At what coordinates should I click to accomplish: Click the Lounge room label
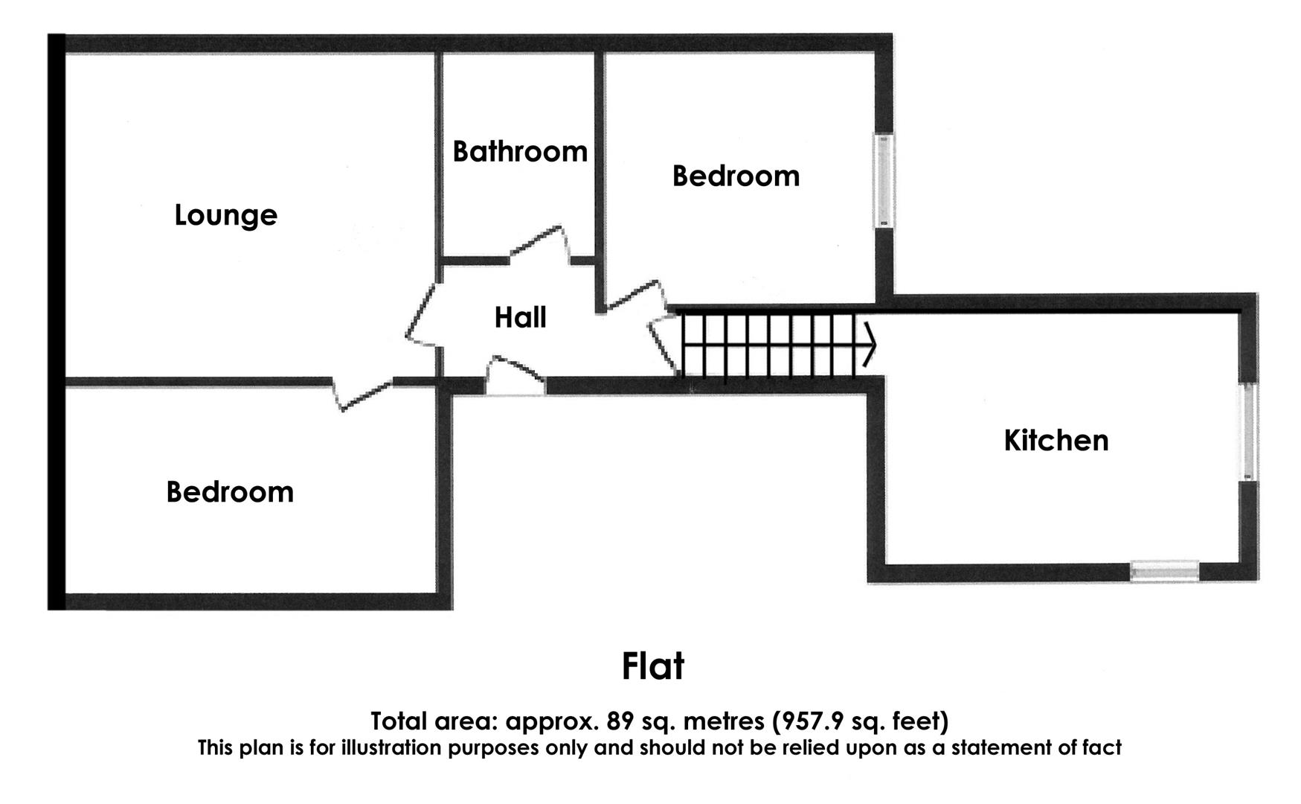pos(225,215)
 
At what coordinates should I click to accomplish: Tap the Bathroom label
pos(520,152)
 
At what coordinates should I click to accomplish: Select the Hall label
pos(521,318)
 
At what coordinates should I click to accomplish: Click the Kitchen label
pos(1056,441)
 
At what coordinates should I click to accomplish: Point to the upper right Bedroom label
pos(736,176)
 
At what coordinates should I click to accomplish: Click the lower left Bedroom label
pos(230,492)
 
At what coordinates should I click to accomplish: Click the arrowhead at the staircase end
pos(869,345)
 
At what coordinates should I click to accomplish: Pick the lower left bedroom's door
pos(363,394)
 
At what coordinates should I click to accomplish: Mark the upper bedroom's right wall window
pos(884,180)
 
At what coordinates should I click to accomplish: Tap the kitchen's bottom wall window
pos(1164,571)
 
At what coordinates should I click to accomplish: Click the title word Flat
pos(652,666)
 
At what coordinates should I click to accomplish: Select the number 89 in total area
pos(619,721)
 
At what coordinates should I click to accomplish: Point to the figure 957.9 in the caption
pos(809,721)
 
